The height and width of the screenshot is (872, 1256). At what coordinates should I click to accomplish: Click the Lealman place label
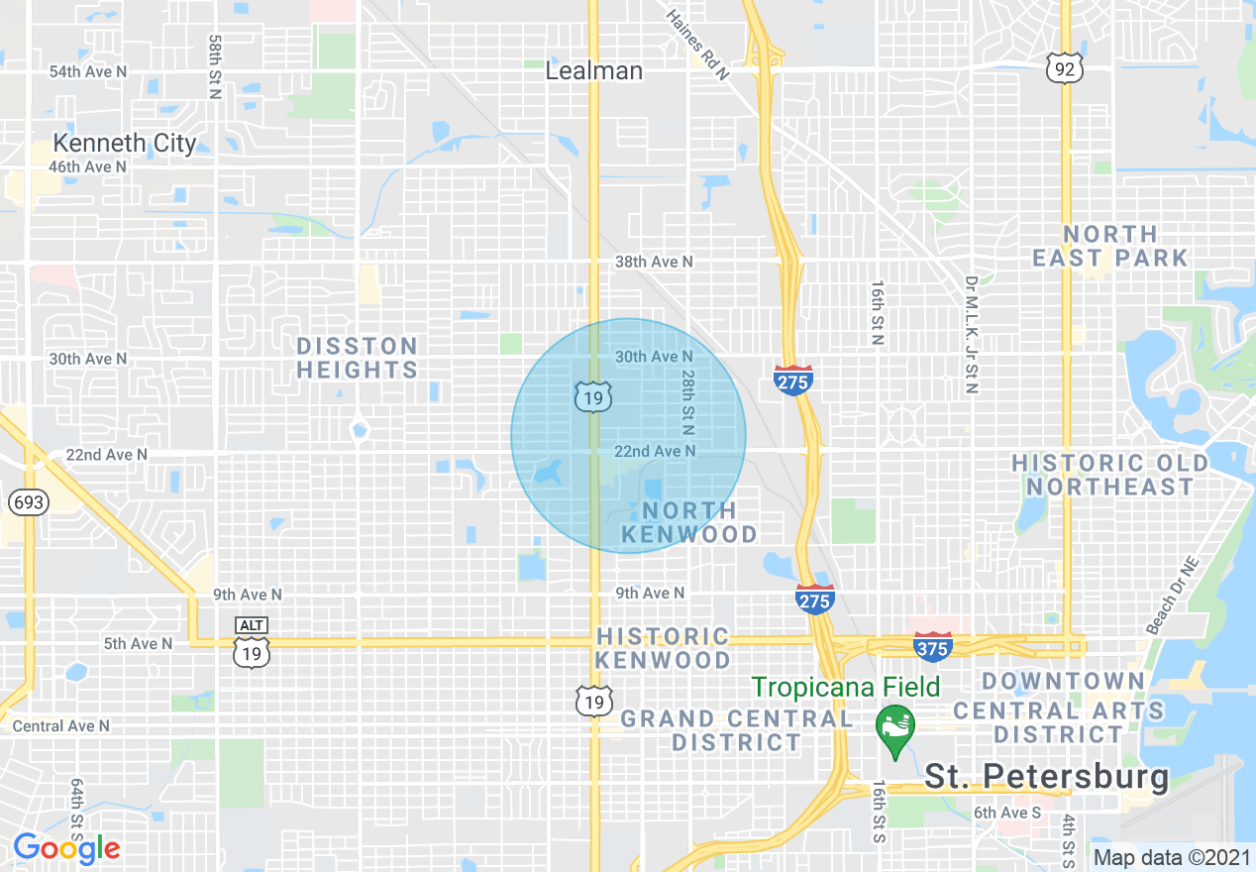click(594, 71)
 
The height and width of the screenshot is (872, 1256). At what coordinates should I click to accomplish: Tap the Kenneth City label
click(125, 143)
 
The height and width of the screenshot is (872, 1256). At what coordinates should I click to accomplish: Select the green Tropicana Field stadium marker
click(895, 729)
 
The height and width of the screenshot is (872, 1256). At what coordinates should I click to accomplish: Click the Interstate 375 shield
click(932, 646)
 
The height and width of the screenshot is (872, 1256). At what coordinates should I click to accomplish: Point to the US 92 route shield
click(1064, 68)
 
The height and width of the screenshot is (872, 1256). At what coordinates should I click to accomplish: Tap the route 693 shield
click(29, 501)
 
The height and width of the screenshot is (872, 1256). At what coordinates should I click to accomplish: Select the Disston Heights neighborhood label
click(358, 358)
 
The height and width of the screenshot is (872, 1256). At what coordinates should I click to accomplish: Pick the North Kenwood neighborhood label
click(689, 523)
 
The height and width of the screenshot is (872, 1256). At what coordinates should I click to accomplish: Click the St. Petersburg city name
click(1047, 776)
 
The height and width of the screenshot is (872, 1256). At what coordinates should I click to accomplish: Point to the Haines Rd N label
click(697, 45)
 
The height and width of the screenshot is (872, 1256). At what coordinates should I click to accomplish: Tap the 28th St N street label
click(686, 402)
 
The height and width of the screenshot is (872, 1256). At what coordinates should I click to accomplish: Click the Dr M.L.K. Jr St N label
click(971, 335)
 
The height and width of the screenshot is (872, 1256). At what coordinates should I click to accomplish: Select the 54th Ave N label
click(89, 71)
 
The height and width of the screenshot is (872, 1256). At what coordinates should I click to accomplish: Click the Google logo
click(66, 848)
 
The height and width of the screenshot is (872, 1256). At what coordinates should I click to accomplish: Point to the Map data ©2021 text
click(1170, 857)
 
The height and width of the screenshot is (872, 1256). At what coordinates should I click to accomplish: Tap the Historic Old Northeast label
click(1110, 475)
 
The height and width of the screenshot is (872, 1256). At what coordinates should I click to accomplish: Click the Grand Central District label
click(736, 730)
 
